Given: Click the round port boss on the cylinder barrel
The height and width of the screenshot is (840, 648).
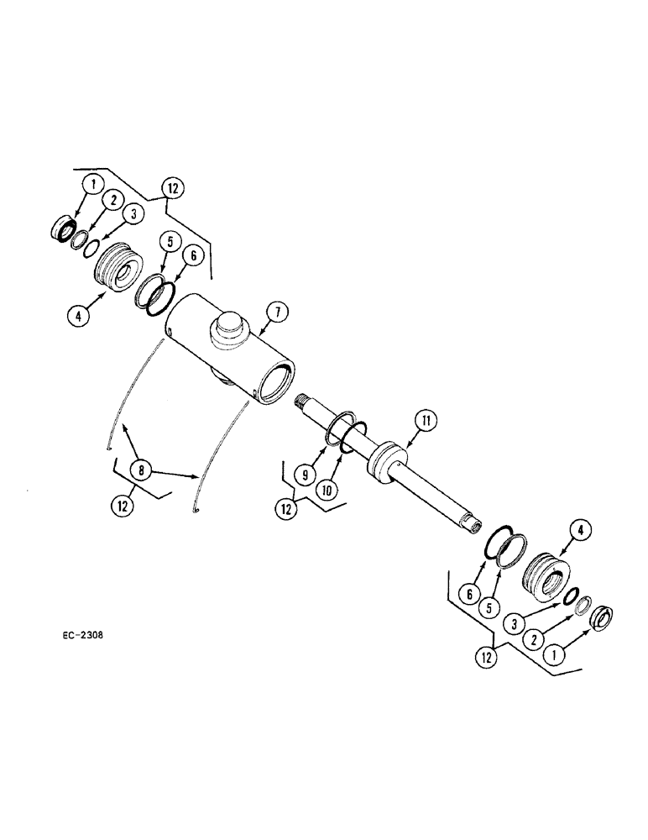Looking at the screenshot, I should coord(227,325).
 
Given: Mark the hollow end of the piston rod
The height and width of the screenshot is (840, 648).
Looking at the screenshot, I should coord(474,524).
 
